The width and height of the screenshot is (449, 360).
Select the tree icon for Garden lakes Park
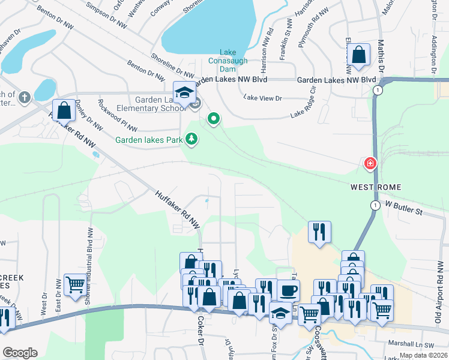(191, 139)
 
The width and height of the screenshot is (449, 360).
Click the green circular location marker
(213, 119)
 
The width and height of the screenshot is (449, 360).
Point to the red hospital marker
(370, 163)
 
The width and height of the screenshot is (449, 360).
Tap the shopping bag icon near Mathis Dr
(359, 55)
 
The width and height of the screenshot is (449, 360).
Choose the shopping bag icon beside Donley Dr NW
(64, 110)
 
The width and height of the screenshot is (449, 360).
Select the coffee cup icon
(288, 290)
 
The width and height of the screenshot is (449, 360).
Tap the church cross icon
(24, 97)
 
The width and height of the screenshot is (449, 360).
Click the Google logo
(20, 353)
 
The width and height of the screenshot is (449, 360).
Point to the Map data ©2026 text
(423, 355)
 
